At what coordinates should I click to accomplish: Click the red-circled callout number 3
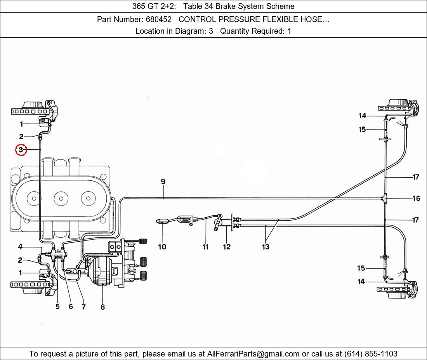coord(21,149)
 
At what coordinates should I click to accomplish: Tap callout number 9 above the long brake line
coord(163,182)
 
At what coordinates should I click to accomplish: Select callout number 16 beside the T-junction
coord(416,198)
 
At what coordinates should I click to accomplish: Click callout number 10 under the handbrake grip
coord(162,247)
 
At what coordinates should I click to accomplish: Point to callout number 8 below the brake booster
coord(102,307)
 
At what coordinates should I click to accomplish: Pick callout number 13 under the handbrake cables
coord(266,247)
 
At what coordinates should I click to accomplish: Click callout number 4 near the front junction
coord(20,247)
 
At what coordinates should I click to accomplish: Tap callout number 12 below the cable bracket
coord(227,247)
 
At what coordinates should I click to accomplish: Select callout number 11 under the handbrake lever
coord(205,247)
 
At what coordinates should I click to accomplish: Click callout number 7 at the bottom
coord(83,306)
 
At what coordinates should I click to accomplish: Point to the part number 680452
coord(160,19)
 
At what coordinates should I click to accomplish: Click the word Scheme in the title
coord(282,6)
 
